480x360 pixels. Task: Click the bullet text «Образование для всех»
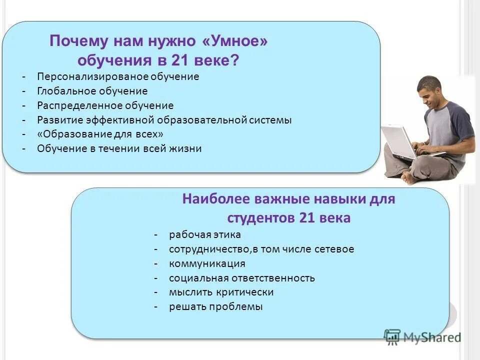100,134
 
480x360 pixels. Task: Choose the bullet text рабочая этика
205,234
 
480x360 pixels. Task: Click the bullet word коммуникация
207,263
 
